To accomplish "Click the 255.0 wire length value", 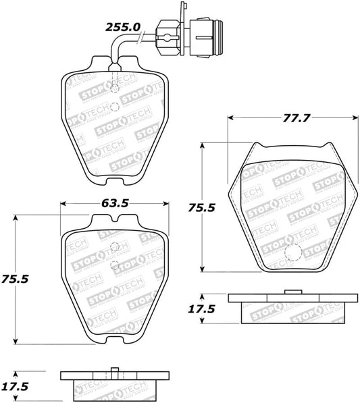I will coord(122,27).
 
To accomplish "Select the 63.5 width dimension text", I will coord(115,203).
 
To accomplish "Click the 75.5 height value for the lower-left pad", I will coord(20,278).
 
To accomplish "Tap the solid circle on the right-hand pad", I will coord(292,252).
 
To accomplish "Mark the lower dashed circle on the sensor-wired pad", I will coord(114,106).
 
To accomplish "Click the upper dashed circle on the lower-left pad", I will coord(114,247).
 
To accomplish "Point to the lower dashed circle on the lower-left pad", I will coord(114,265).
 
